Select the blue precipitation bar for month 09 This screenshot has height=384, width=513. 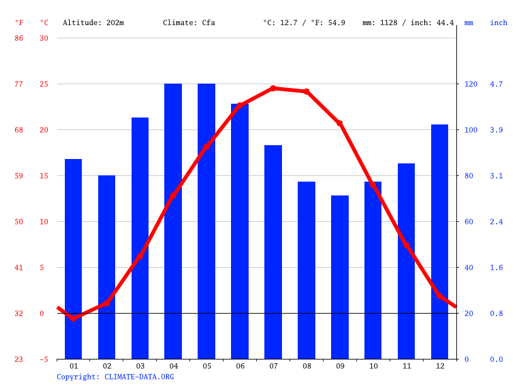click(340, 277)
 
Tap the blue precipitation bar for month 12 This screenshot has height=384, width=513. click(439, 242)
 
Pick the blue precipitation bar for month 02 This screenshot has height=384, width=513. click(106, 267)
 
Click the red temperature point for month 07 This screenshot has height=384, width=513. click(273, 89)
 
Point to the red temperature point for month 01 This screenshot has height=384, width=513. click(73, 319)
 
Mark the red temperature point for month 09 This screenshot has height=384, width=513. click(340, 123)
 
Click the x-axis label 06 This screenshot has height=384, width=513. click(240, 366)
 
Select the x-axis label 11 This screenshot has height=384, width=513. click(406, 366)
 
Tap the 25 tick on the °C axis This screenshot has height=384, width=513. click(44, 84)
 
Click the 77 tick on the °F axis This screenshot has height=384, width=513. click(19, 84)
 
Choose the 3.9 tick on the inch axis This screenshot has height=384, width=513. click(497, 130)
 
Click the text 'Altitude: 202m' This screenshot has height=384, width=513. click(93, 23)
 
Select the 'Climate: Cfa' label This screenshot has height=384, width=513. click(189, 23)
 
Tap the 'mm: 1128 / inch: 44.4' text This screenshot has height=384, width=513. click(408, 23)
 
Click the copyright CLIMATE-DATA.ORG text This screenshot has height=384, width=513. click(115, 376)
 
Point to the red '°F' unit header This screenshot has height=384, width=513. click(19, 23)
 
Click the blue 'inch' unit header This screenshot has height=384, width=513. click(499, 23)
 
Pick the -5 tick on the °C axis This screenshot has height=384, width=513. click(44, 359)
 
